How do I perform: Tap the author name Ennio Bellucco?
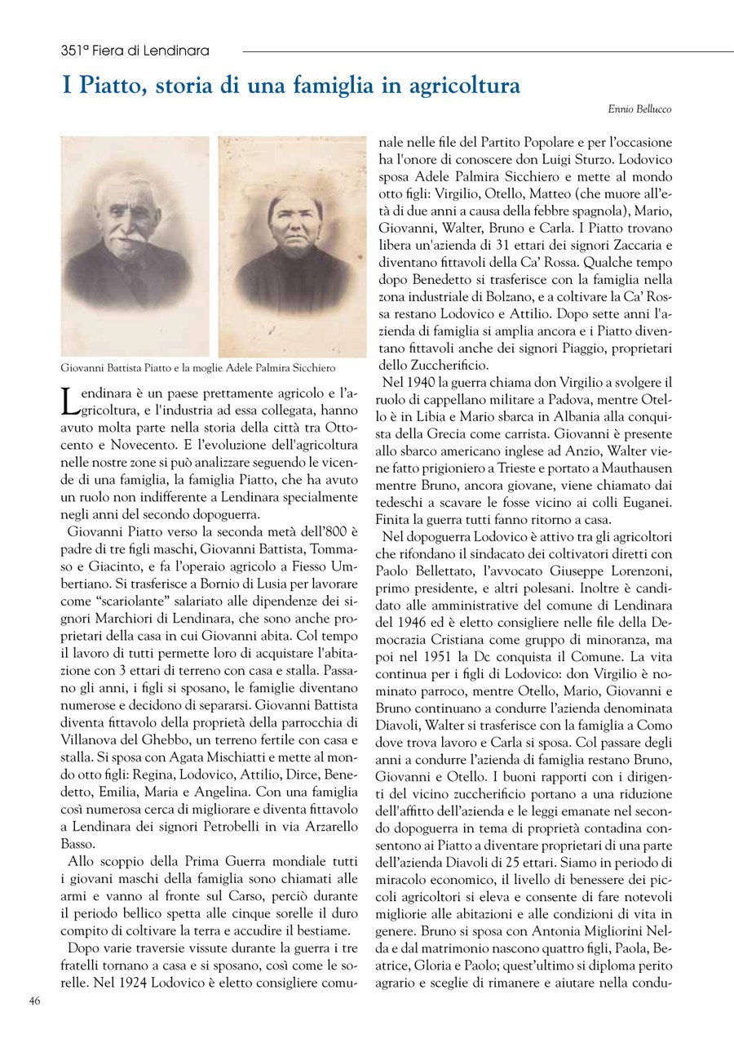(x=640, y=109)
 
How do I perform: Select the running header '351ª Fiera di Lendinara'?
(x=135, y=51)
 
